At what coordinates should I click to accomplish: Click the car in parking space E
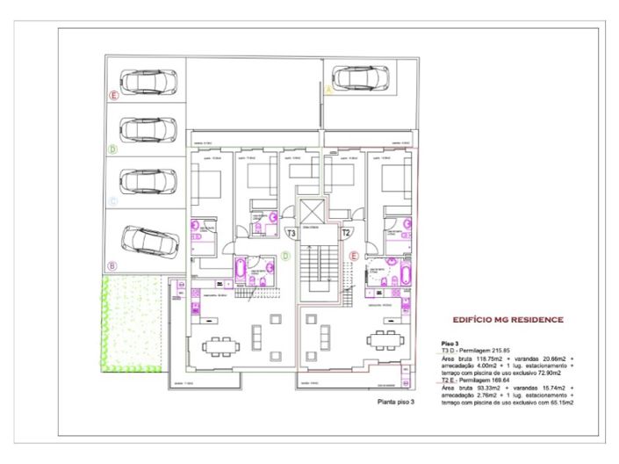click(147, 83)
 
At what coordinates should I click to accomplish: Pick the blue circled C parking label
click(113, 202)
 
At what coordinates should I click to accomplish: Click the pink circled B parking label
click(112, 265)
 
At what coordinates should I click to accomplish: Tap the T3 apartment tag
click(292, 233)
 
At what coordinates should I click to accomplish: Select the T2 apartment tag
click(346, 233)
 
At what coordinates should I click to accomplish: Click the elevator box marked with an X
click(312, 212)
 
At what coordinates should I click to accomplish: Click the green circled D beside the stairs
click(285, 257)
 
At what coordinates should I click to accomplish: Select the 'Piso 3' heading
click(450, 343)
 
